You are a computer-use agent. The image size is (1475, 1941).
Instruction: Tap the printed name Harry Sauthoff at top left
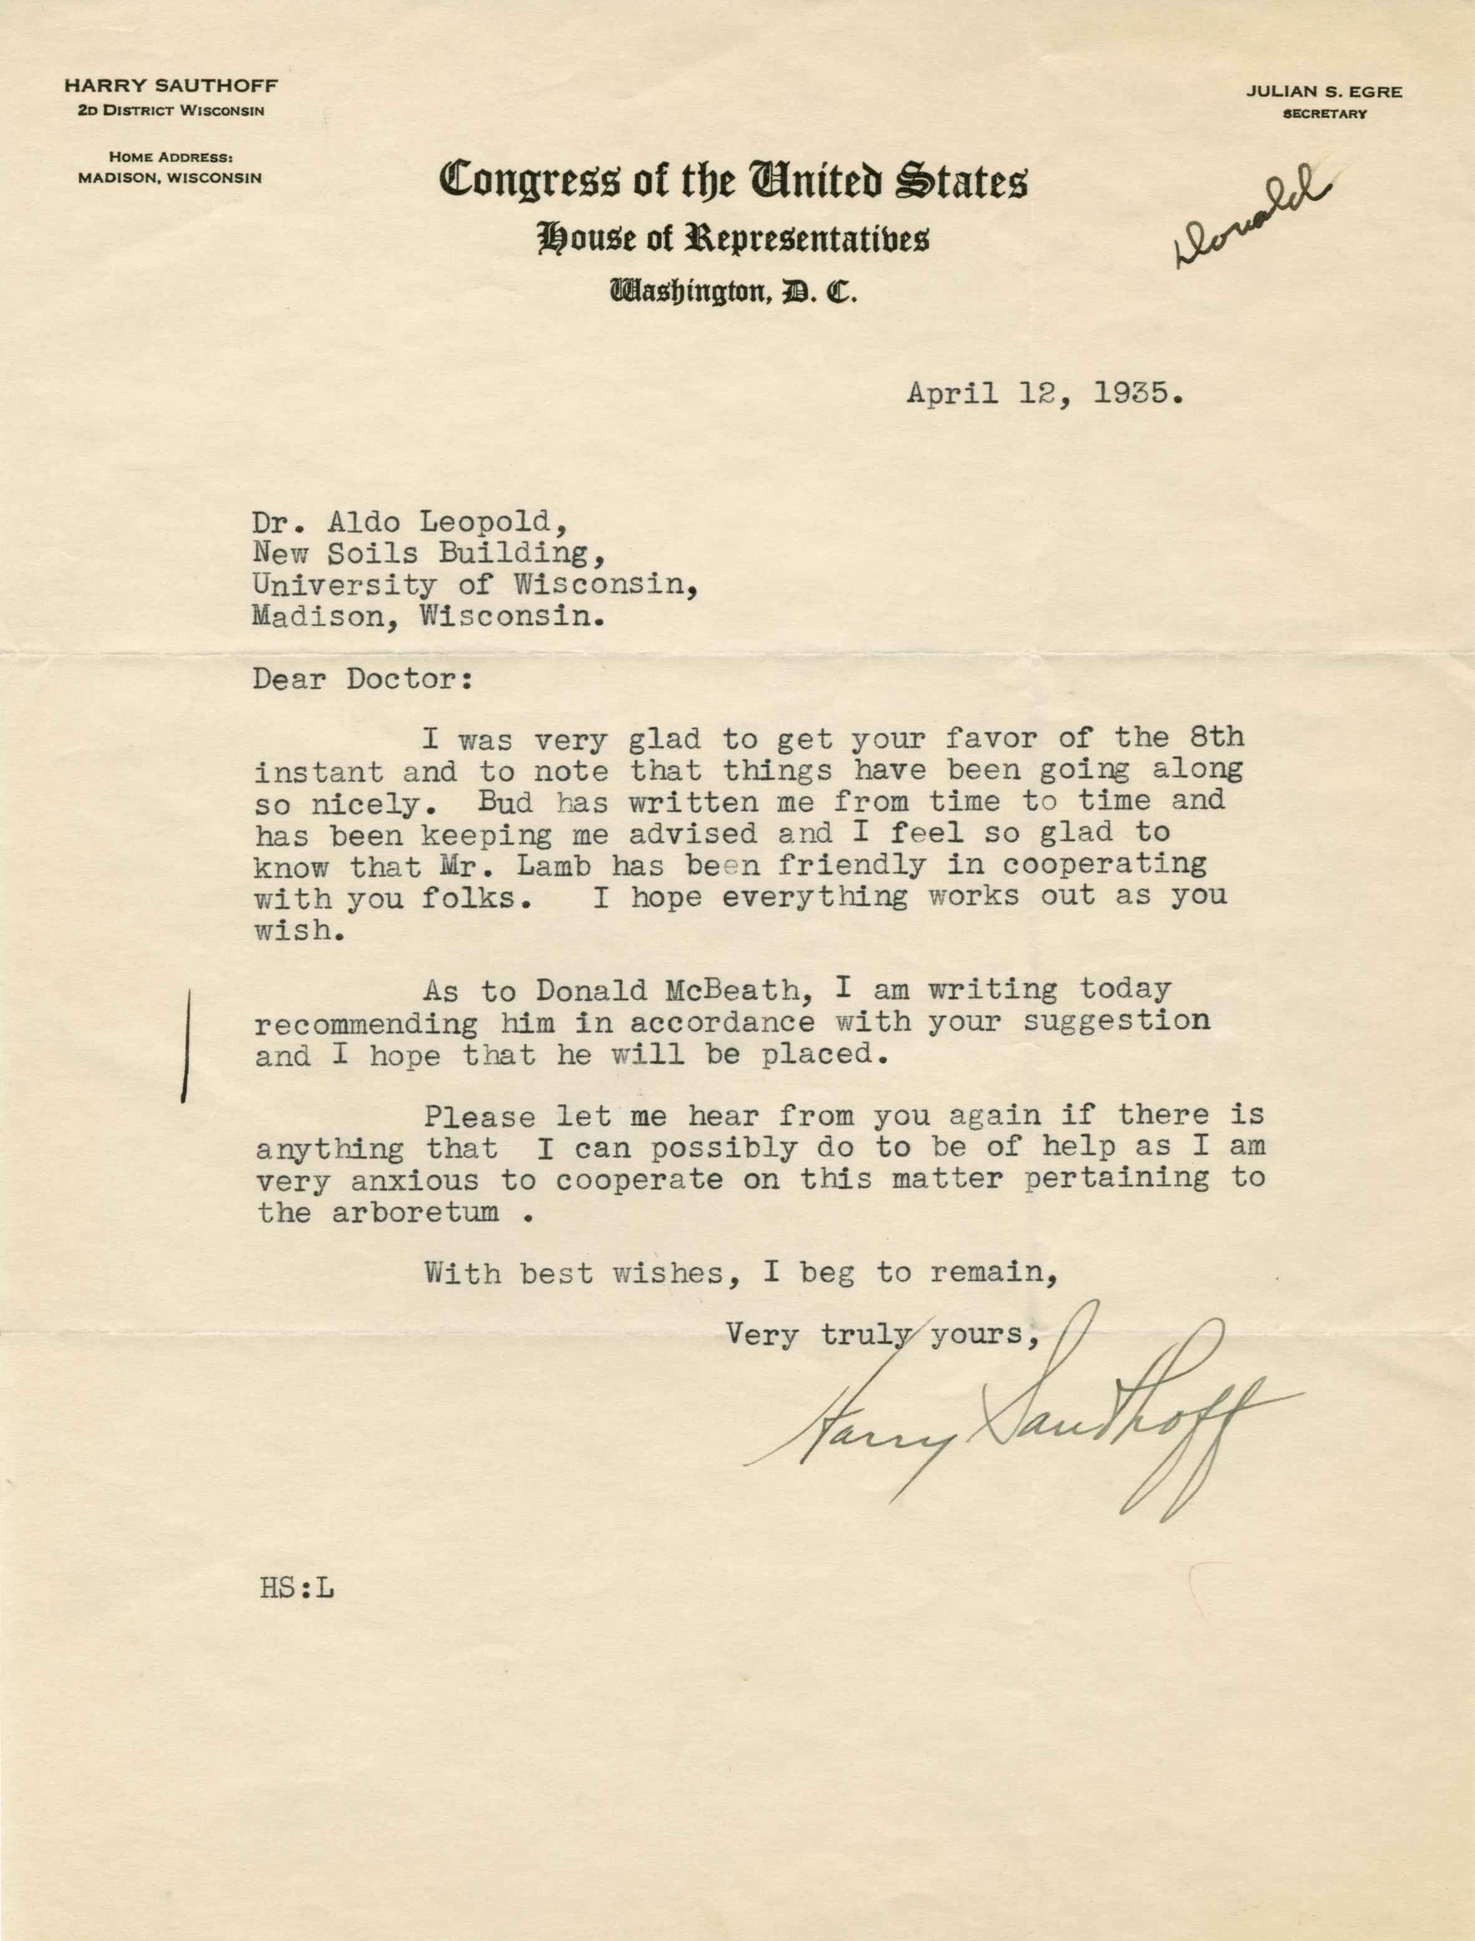[x=170, y=86]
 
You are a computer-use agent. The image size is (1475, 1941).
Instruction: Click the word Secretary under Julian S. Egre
[x=1324, y=114]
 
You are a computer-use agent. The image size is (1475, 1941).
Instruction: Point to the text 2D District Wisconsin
[x=170, y=110]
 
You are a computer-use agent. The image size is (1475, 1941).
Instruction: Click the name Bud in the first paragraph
[x=504, y=801]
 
